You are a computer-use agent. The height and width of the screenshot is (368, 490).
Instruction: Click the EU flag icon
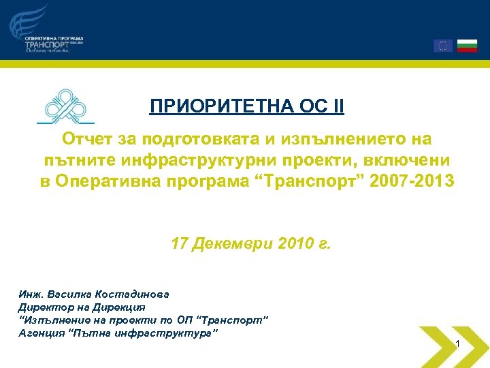pos(443,46)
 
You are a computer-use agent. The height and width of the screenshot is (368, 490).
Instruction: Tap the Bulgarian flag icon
pos(467,46)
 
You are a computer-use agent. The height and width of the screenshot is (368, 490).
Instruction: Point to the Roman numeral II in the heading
pos(337,107)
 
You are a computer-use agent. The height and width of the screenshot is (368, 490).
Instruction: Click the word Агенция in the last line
pos(39,333)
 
